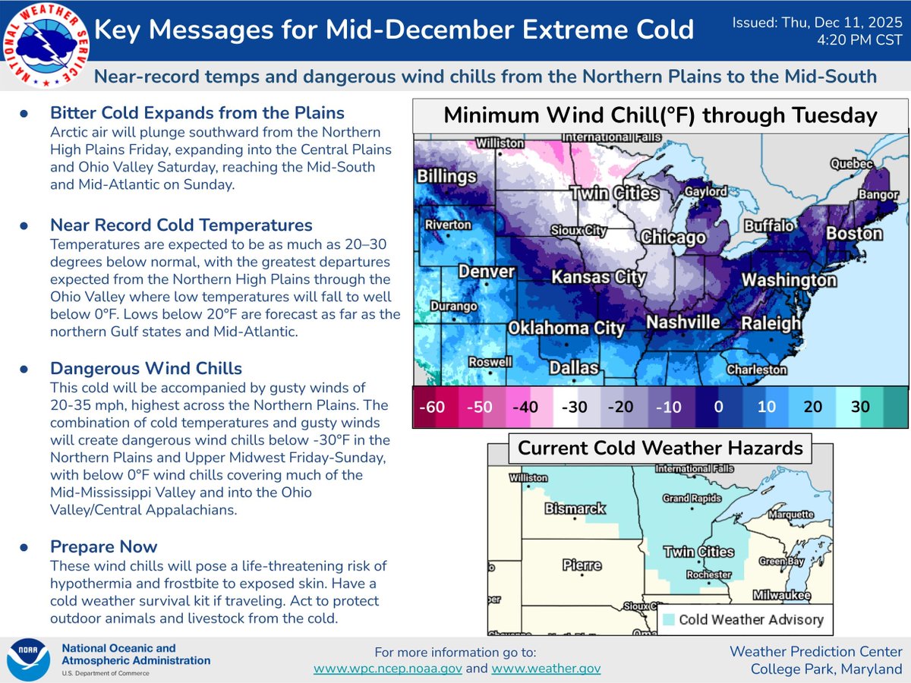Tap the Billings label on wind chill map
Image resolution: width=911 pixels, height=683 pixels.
(x=447, y=176)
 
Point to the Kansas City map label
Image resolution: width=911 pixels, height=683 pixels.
(x=598, y=276)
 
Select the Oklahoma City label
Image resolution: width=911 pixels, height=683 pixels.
(x=566, y=329)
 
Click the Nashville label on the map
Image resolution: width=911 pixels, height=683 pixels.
(x=682, y=322)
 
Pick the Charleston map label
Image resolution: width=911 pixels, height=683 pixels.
(x=756, y=370)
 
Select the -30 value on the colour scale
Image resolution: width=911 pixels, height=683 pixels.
(x=575, y=407)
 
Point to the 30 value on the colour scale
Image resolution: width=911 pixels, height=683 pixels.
(x=860, y=407)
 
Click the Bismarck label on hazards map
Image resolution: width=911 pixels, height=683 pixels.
(x=575, y=508)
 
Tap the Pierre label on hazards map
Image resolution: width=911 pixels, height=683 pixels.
(x=582, y=565)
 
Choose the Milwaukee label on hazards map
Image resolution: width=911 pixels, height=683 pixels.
(x=781, y=595)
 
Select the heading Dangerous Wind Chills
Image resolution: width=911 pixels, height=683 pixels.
(x=146, y=369)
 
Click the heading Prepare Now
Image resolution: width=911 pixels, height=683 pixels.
(x=103, y=546)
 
